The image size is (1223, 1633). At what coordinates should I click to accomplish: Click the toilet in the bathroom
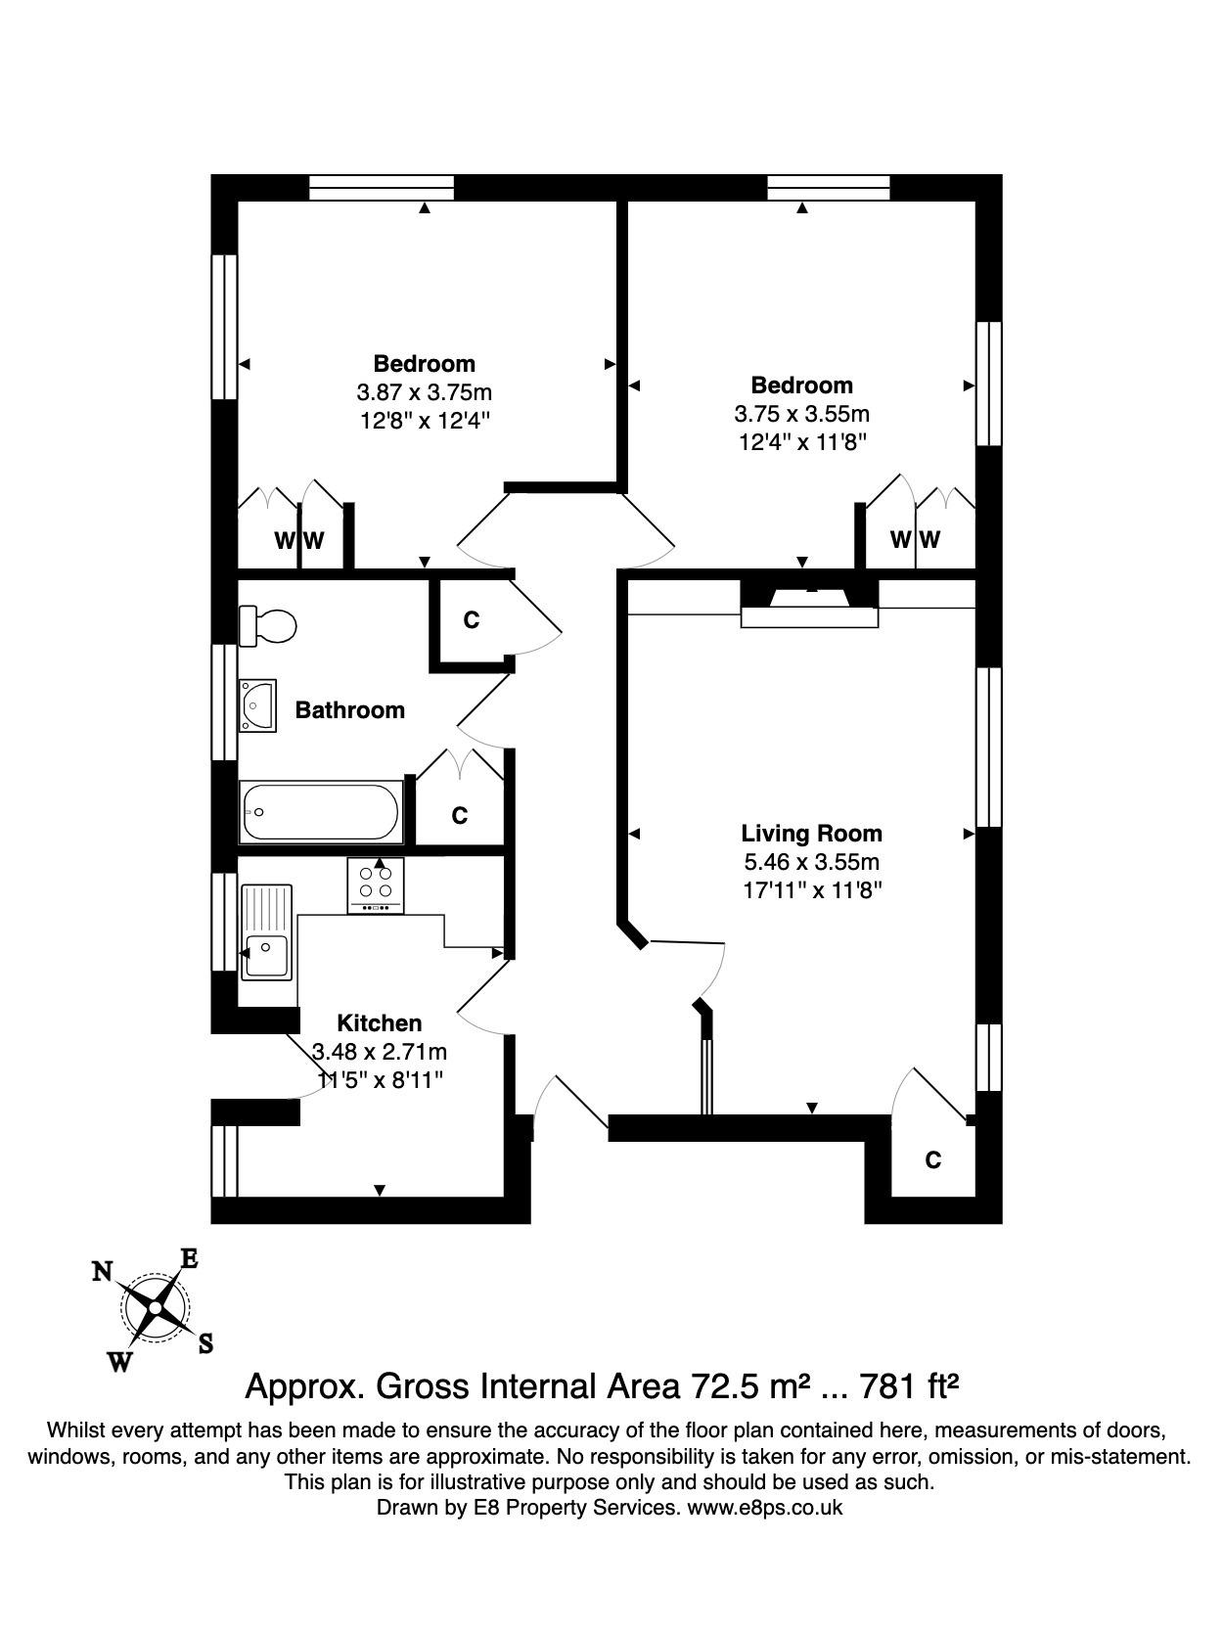tap(267, 625)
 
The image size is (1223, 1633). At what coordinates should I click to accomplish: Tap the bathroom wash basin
tap(257, 705)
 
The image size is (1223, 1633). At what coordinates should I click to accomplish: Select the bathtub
tap(321, 812)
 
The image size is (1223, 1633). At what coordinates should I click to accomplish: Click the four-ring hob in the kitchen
tap(376, 885)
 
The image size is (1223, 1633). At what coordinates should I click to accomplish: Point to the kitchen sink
tap(267, 932)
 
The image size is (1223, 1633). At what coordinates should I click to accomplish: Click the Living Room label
tap(812, 834)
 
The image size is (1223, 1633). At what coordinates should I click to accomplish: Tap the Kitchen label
tap(380, 1023)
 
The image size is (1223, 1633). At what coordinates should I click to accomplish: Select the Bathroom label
tap(350, 709)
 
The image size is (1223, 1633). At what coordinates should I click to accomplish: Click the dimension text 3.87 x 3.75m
tap(425, 391)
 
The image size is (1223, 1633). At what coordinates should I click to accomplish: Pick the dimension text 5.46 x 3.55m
tap(812, 862)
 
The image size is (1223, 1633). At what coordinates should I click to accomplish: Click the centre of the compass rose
tap(155, 1307)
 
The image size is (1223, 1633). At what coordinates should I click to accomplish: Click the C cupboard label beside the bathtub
tap(460, 816)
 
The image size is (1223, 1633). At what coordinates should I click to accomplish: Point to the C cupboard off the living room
tap(932, 1159)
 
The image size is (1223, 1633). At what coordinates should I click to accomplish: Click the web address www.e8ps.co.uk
tap(765, 1507)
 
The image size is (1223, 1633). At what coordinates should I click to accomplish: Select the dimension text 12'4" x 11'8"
tap(802, 442)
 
